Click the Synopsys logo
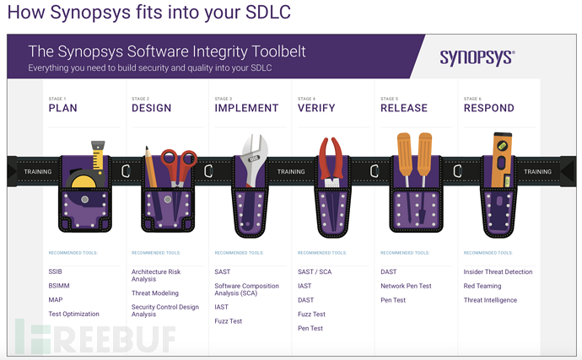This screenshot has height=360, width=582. [x=477, y=57]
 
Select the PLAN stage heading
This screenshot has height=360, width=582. [x=63, y=108]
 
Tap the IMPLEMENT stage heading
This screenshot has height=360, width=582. [x=246, y=108]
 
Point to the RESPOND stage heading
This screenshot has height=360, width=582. [x=488, y=108]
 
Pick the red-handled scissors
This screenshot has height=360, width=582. [x=178, y=164]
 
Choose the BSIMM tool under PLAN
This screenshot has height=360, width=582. [x=60, y=286]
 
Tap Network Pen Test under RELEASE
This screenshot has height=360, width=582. [x=406, y=286]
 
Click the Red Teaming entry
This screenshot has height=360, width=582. [x=482, y=286]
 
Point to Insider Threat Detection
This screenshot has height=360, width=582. [x=498, y=271]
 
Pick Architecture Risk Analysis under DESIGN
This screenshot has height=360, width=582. [x=156, y=275]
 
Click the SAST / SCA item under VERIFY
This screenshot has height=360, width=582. [x=315, y=271]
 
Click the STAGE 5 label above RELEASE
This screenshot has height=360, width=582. [x=389, y=99]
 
